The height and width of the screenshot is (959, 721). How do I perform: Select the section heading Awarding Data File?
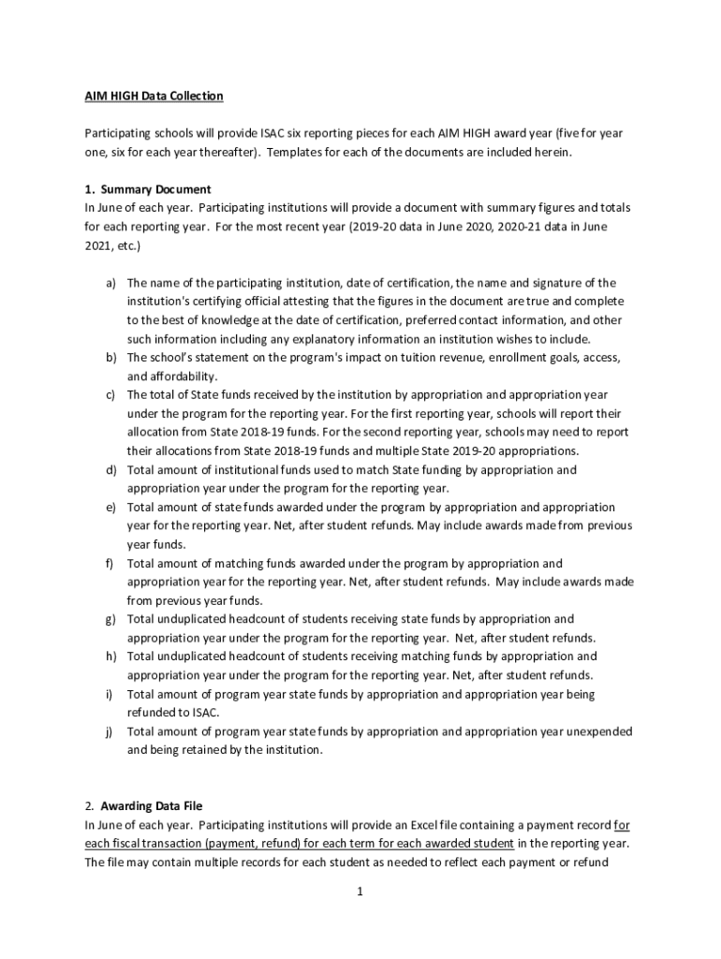coord(151,805)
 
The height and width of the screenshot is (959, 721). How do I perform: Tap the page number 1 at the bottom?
coord(359,892)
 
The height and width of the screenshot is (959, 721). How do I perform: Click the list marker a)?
coord(109,283)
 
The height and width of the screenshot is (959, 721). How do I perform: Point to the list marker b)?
coord(109,358)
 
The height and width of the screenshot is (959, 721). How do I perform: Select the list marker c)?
coord(109,395)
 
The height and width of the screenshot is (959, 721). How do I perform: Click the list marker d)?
coord(109,470)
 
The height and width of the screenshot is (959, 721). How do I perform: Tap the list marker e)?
coord(109,508)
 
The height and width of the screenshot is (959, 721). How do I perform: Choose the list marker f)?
coord(109,564)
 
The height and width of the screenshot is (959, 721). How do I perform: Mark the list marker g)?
coord(109,620)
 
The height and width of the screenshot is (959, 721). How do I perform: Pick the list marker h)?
coord(109,657)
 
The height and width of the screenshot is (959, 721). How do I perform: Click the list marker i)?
coord(109,695)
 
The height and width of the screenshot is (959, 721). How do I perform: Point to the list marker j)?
coord(109,731)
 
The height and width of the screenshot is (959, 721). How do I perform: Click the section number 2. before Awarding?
coord(88,805)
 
